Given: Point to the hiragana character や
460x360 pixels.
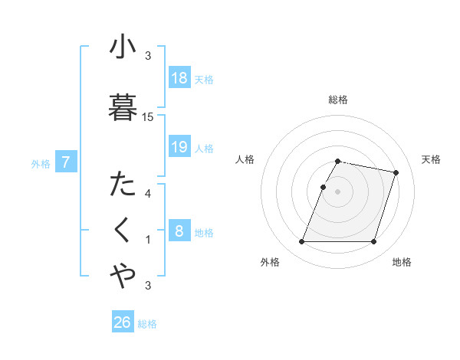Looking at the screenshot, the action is pyautogui.click(x=122, y=277).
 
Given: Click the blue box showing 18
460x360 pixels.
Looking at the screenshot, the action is pyautogui.click(x=179, y=79).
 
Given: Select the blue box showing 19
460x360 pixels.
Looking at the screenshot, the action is pyautogui.click(x=179, y=147).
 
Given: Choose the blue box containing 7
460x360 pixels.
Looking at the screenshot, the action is pyautogui.click(x=67, y=162).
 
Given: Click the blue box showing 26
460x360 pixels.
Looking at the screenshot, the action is pyautogui.click(x=123, y=322).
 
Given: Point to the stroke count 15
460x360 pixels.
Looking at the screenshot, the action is pyautogui.click(x=148, y=117).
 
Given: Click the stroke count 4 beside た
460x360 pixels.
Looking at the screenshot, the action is pyautogui.click(x=148, y=193).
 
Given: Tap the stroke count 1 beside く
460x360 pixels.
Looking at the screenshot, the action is pyautogui.click(x=148, y=240).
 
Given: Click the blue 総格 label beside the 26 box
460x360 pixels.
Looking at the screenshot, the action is pyautogui.click(x=147, y=324).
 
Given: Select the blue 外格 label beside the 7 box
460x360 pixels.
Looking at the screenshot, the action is pyautogui.click(x=41, y=163).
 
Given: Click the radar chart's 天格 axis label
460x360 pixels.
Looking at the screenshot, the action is pyautogui.click(x=431, y=159).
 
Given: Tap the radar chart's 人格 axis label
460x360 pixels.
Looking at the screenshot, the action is pyautogui.click(x=245, y=159).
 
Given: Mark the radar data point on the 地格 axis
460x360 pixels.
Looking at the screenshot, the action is pyautogui.click(x=373, y=242).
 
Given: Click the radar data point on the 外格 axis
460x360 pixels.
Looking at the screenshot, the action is pyautogui.click(x=302, y=242).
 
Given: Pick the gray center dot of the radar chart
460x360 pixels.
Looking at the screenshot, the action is pyautogui.click(x=338, y=191).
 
